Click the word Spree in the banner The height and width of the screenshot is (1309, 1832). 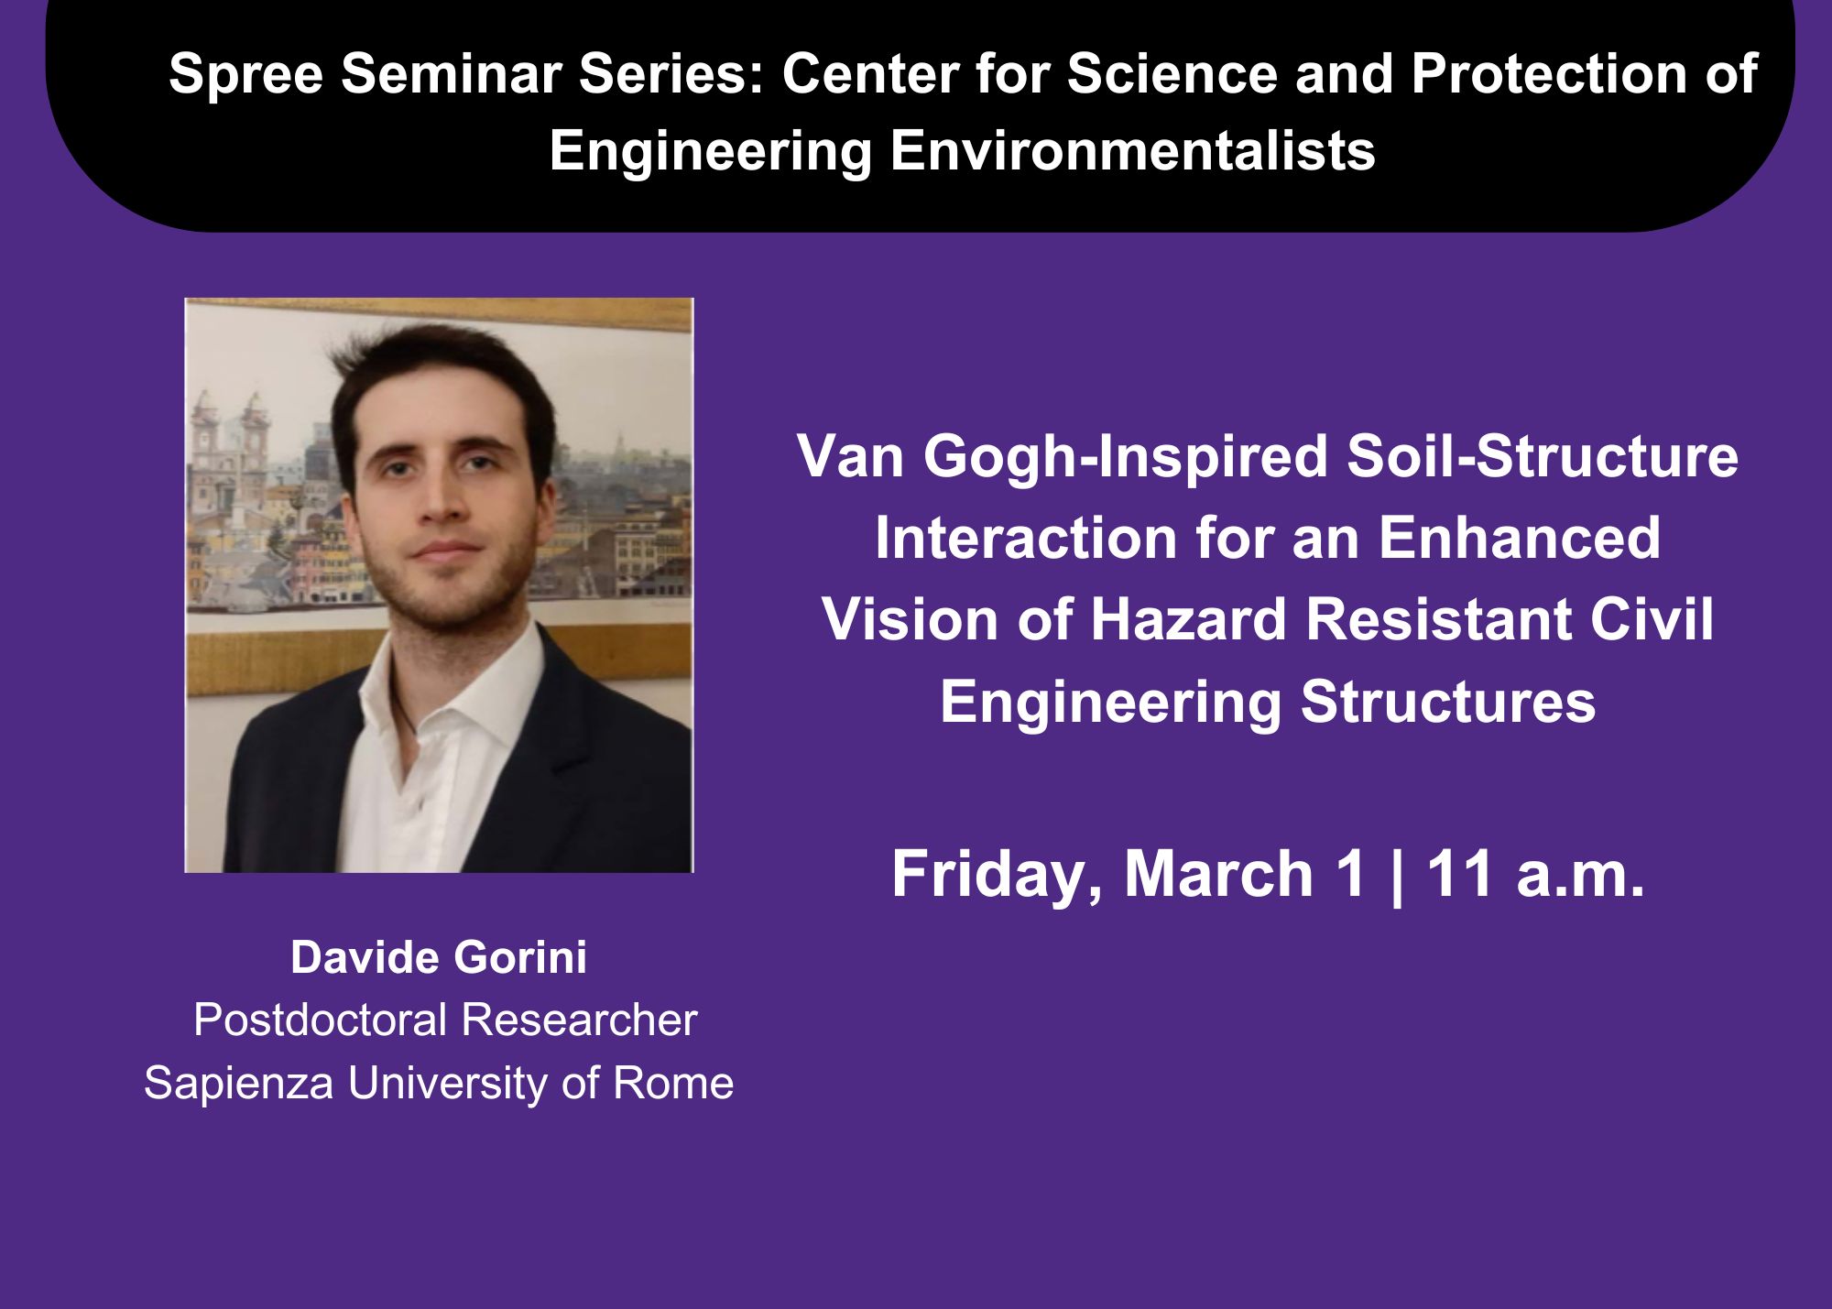click(x=245, y=74)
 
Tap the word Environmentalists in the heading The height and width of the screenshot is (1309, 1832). click(x=1132, y=150)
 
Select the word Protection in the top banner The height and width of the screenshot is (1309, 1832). click(x=1548, y=73)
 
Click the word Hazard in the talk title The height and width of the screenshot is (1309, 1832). click(x=1190, y=619)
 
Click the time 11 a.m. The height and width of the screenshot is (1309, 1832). click(x=1535, y=874)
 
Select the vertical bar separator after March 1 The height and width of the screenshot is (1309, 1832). click(x=1396, y=876)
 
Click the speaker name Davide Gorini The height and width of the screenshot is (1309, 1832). click(x=439, y=957)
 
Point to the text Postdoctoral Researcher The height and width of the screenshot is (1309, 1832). click(x=445, y=1020)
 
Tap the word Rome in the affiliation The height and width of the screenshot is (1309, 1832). click(x=673, y=1083)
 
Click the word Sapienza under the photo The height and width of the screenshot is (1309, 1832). click(x=239, y=1084)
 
